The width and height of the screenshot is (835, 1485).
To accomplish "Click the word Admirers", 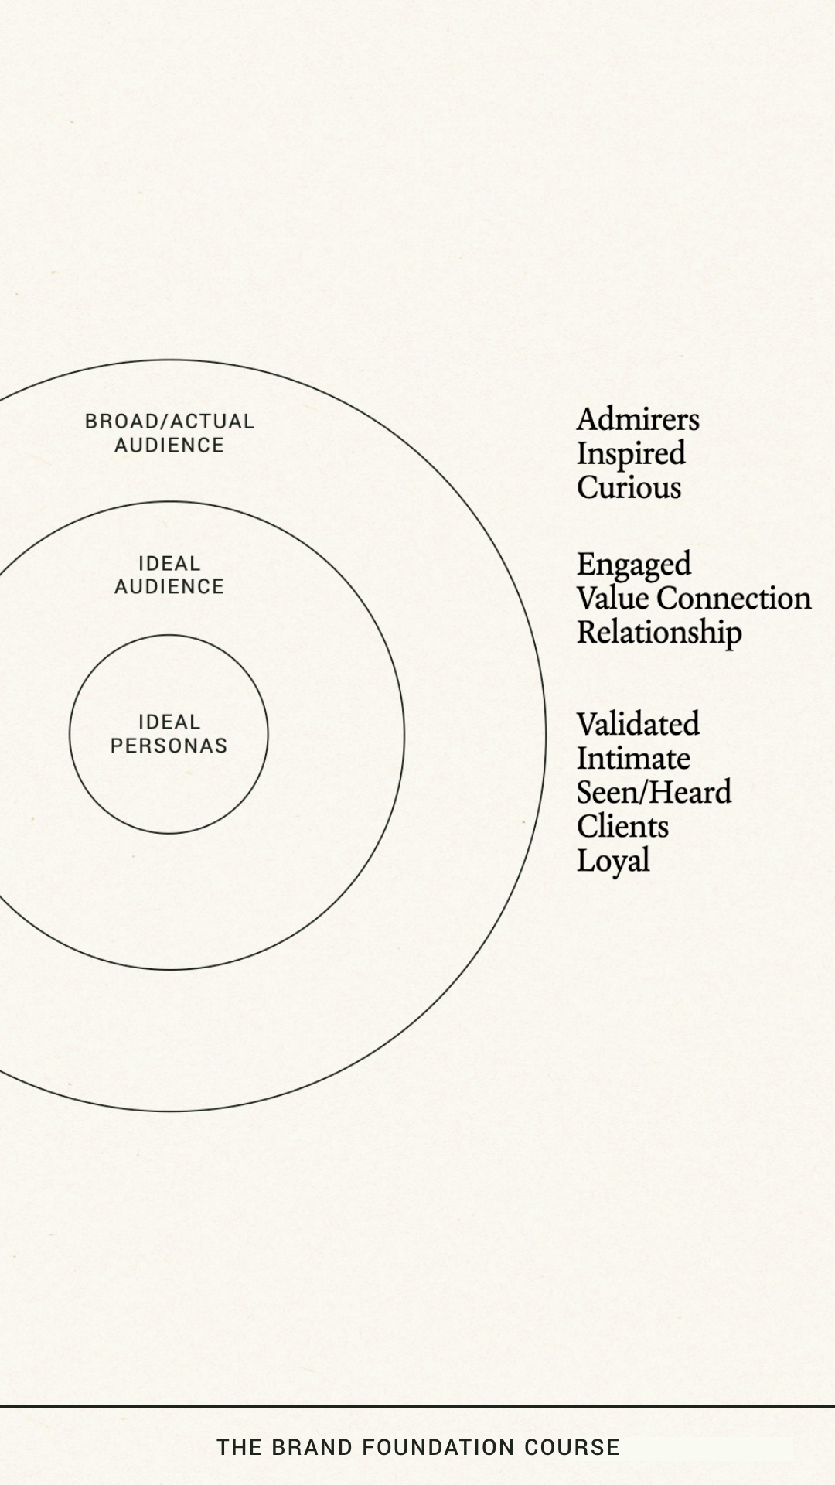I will coord(638,420).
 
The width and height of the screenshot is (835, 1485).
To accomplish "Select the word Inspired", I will coord(631,454).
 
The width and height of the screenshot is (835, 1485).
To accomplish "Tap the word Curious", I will coord(629,488).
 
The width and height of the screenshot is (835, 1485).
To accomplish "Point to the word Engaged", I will coord(633,565).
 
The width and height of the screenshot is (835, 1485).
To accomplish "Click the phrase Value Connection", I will coord(694,599).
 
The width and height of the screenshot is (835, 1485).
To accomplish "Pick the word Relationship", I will coord(659,633).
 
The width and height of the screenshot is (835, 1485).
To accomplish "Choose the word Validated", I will coord(638,725).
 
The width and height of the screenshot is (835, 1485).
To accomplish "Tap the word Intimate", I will coord(633,759).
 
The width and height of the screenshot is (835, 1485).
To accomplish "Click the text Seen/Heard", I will coord(653,793).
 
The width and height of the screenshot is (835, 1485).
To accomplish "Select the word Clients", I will coord(622,827).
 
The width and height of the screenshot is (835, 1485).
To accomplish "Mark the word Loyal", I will coord(612,861).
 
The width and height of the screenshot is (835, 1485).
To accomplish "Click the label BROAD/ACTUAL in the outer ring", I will coord(169,422).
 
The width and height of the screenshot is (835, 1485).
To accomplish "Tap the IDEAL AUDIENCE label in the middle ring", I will coord(169,575).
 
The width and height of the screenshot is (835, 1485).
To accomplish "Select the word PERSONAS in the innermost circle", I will coord(169,746).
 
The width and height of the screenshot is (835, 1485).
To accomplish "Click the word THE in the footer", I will coord(239,1448).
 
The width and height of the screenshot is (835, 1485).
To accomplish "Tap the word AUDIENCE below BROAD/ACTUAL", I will coord(169,445).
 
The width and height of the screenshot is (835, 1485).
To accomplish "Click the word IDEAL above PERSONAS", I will coord(169,722).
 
